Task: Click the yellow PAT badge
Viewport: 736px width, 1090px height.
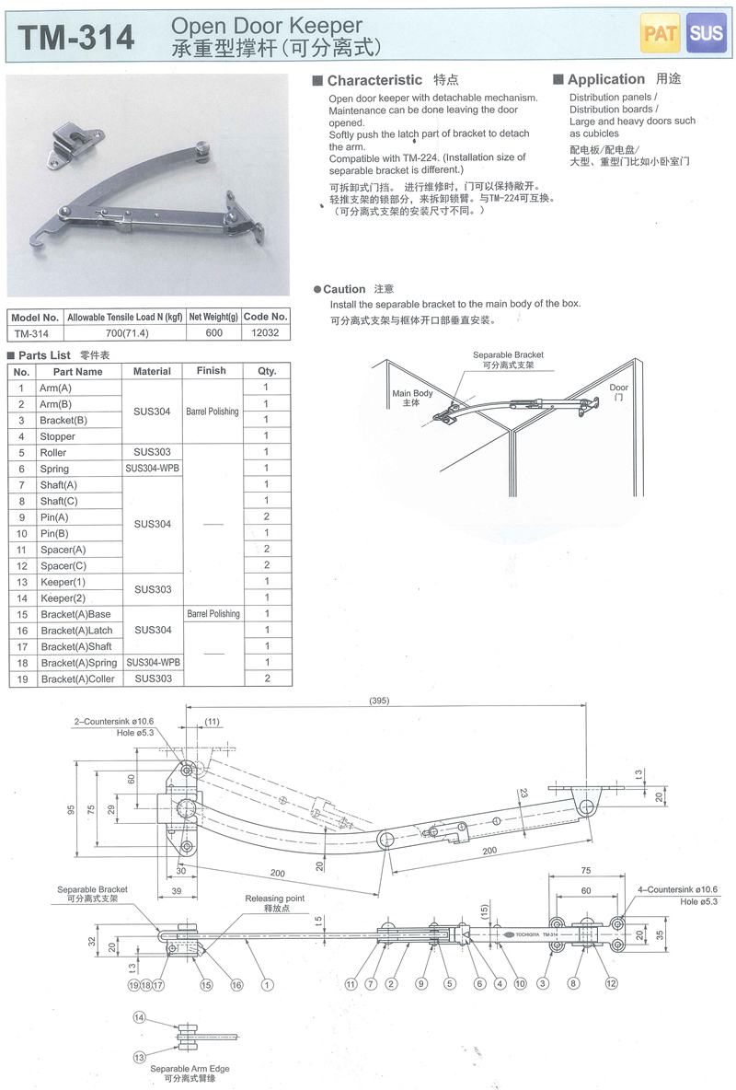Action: (x=660, y=34)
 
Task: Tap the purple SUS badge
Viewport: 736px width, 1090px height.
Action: (x=707, y=34)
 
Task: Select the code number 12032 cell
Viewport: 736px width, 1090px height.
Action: (x=265, y=333)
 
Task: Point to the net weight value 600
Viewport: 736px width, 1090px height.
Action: (x=213, y=333)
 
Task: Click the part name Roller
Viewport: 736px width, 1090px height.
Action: (x=53, y=453)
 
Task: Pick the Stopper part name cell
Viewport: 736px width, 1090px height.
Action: (x=57, y=436)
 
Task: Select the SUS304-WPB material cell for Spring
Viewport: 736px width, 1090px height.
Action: (x=152, y=469)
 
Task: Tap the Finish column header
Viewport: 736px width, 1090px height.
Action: (x=211, y=371)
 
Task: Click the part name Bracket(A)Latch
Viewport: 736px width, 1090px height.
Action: (x=76, y=631)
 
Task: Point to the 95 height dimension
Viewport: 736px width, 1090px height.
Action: (x=71, y=810)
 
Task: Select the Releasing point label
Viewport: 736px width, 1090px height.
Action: (x=274, y=898)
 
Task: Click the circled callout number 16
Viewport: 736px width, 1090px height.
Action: (x=236, y=985)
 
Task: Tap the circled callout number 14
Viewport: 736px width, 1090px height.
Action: (x=139, y=1016)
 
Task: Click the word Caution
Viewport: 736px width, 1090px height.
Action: (x=344, y=289)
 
